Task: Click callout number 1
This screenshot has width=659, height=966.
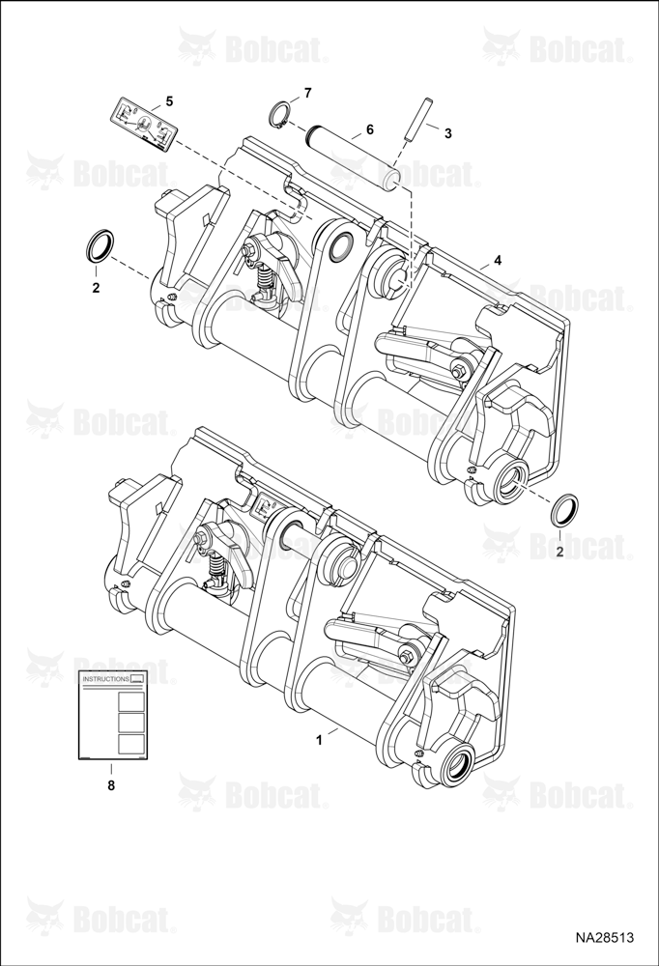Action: coord(319,740)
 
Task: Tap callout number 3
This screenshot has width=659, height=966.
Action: coord(448,133)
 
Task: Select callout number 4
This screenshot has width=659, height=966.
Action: coord(498,261)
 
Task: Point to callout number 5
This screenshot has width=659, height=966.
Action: coord(169,99)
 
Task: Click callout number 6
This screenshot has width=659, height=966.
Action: coord(370,129)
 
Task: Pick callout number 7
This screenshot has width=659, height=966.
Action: coord(307,93)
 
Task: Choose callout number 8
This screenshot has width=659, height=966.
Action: coord(111,785)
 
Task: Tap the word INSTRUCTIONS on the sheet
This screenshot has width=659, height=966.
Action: coord(106,679)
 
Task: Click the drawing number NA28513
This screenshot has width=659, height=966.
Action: coord(605,938)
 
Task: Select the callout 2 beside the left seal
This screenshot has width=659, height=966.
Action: coord(96,287)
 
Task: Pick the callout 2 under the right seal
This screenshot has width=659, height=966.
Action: coord(559,552)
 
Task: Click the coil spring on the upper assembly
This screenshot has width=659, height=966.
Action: coord(265,280)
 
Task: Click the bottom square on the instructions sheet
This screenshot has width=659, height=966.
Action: coord(131,744)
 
